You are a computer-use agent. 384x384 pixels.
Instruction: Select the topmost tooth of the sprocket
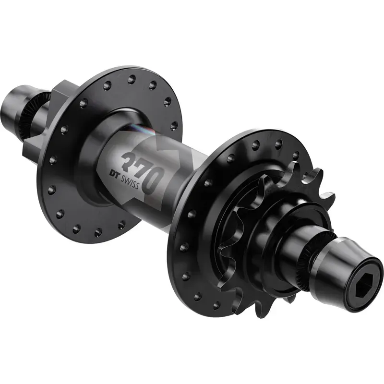coord(314,174)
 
